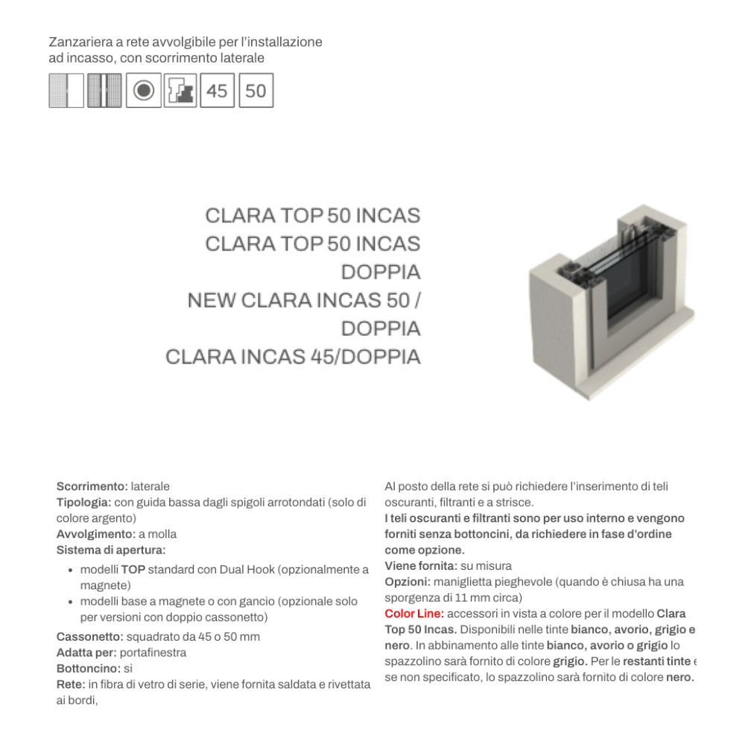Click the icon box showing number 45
[x=217, y=91]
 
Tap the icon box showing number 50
[x=256, y=91]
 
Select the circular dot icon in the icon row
[x=144, y=91]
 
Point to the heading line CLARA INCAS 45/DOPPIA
[x=293, y=357]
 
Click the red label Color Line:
[x=414, y=614]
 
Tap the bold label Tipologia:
[x=84, y=502]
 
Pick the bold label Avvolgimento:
[x=96, y=534]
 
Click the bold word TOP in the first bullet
[x=133, y=570]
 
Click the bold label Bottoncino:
[x=89, y=668]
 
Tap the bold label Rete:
[x=71, y=685]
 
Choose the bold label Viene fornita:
[x=421, y=566]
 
